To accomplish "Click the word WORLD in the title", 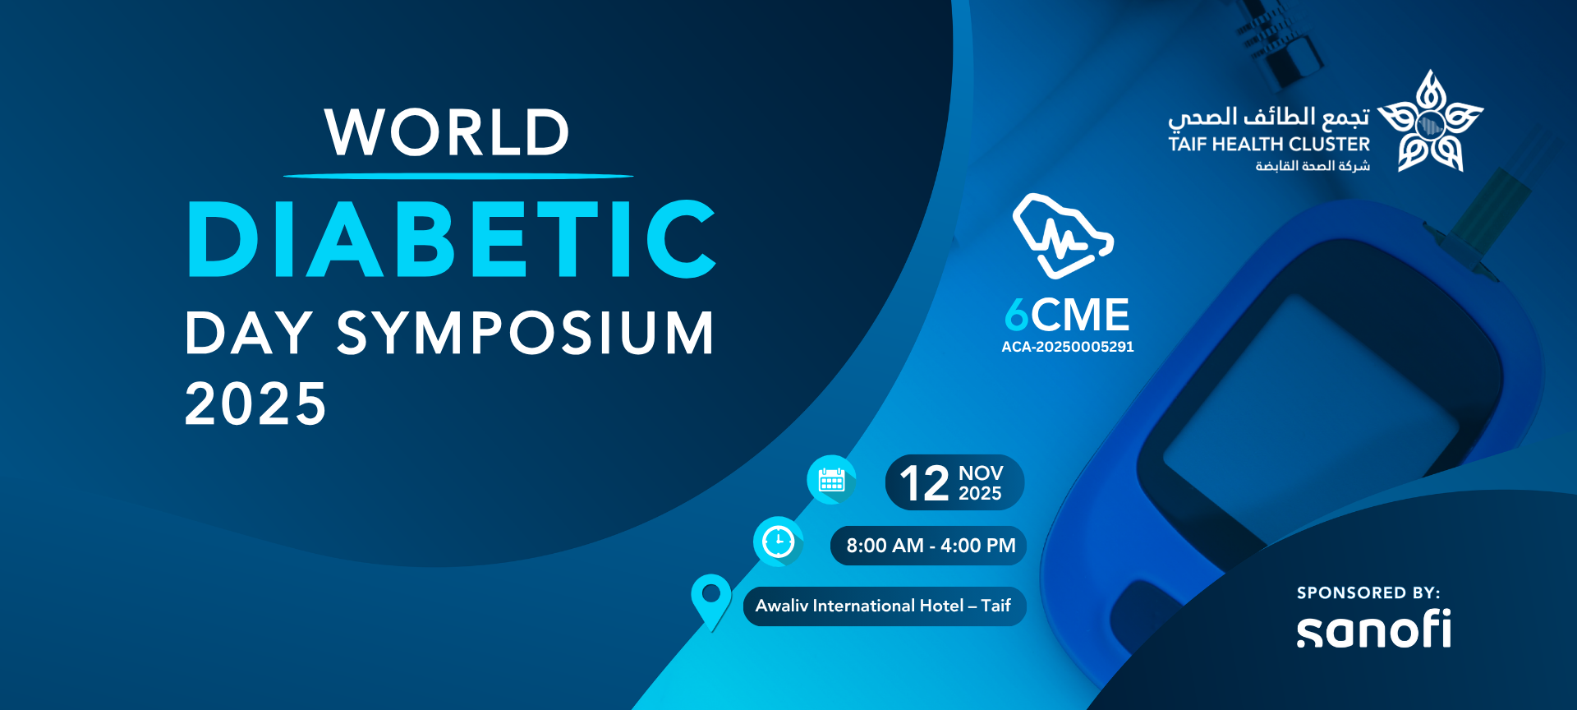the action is pyautogui.click(x=447, y=132).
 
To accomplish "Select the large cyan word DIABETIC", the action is pyautogui.click(x=452, y=239).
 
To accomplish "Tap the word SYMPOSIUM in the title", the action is pyautogui.click(x=526, y=333).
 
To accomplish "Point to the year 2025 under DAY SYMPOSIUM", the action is pyautogui.click(x=255, y=403).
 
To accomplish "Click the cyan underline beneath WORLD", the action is pyautogui.click(x=458, y=176).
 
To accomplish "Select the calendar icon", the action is pyautogui.click(x=832, y=479).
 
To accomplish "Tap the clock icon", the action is pyautogui.click(x=778, y=542).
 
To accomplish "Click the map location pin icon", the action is pyautogui.click(x=711, y=602).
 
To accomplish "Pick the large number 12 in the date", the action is pyautogui.click(x=924, y=483).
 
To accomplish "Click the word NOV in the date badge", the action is pyautogui.click(x=981, y=473).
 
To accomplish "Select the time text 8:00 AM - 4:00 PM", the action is pyautogui.click(x=931, y=546).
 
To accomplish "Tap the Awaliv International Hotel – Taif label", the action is pyautogui.click(x=883, y=606).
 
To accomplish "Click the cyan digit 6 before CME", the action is pyautogui.click(x=1017, y=315).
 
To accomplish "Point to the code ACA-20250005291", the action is pyautogui.click(x=1068, y=347).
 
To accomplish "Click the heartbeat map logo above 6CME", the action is pyautogui.click(x=1063, y=236).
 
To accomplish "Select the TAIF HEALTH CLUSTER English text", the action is pyautogui.click(x=1269, y=144).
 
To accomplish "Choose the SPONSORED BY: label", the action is pyautogui.click(x=1368, y=592).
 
